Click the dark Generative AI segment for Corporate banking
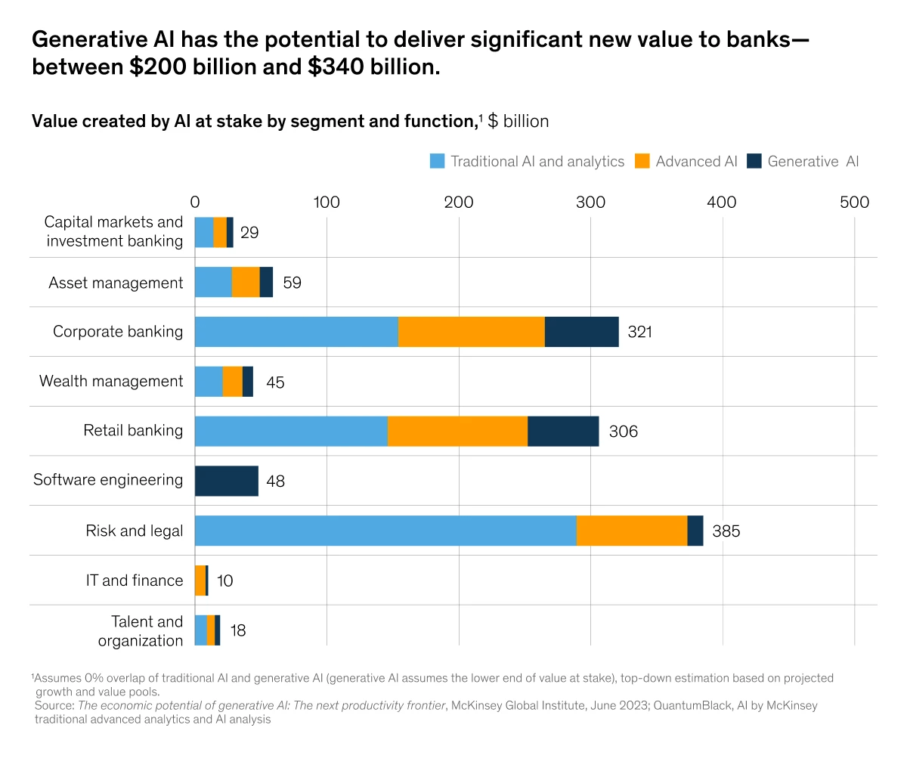[581, 332]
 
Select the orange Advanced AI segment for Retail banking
[457, 431]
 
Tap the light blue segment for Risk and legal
[385, 531]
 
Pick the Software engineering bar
[227, 481]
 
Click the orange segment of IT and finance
[200, 580]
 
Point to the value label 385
[726, 531]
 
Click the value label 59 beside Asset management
[292, 283]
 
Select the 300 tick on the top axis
[590, 203]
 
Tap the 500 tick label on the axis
[854, 203]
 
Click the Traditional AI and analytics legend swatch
[437, 161]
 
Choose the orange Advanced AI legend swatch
[642, 161]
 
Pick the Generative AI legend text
[813, 162]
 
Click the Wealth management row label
[111, 382]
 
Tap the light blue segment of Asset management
[213, 282]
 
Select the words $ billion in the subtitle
[518, 122]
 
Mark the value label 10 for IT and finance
[224, 581]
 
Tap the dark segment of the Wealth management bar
[248, 382]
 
